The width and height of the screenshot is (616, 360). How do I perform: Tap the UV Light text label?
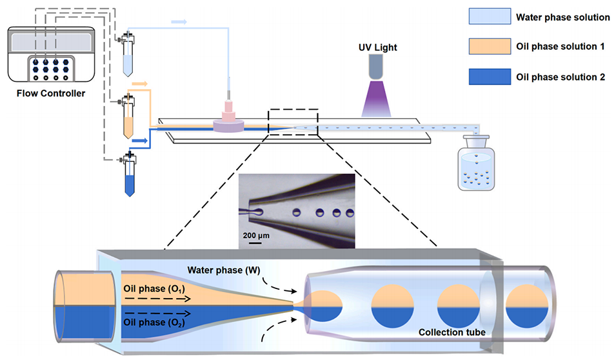tap(378, 47)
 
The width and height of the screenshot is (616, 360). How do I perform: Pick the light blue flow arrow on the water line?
tap(179, 22)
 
